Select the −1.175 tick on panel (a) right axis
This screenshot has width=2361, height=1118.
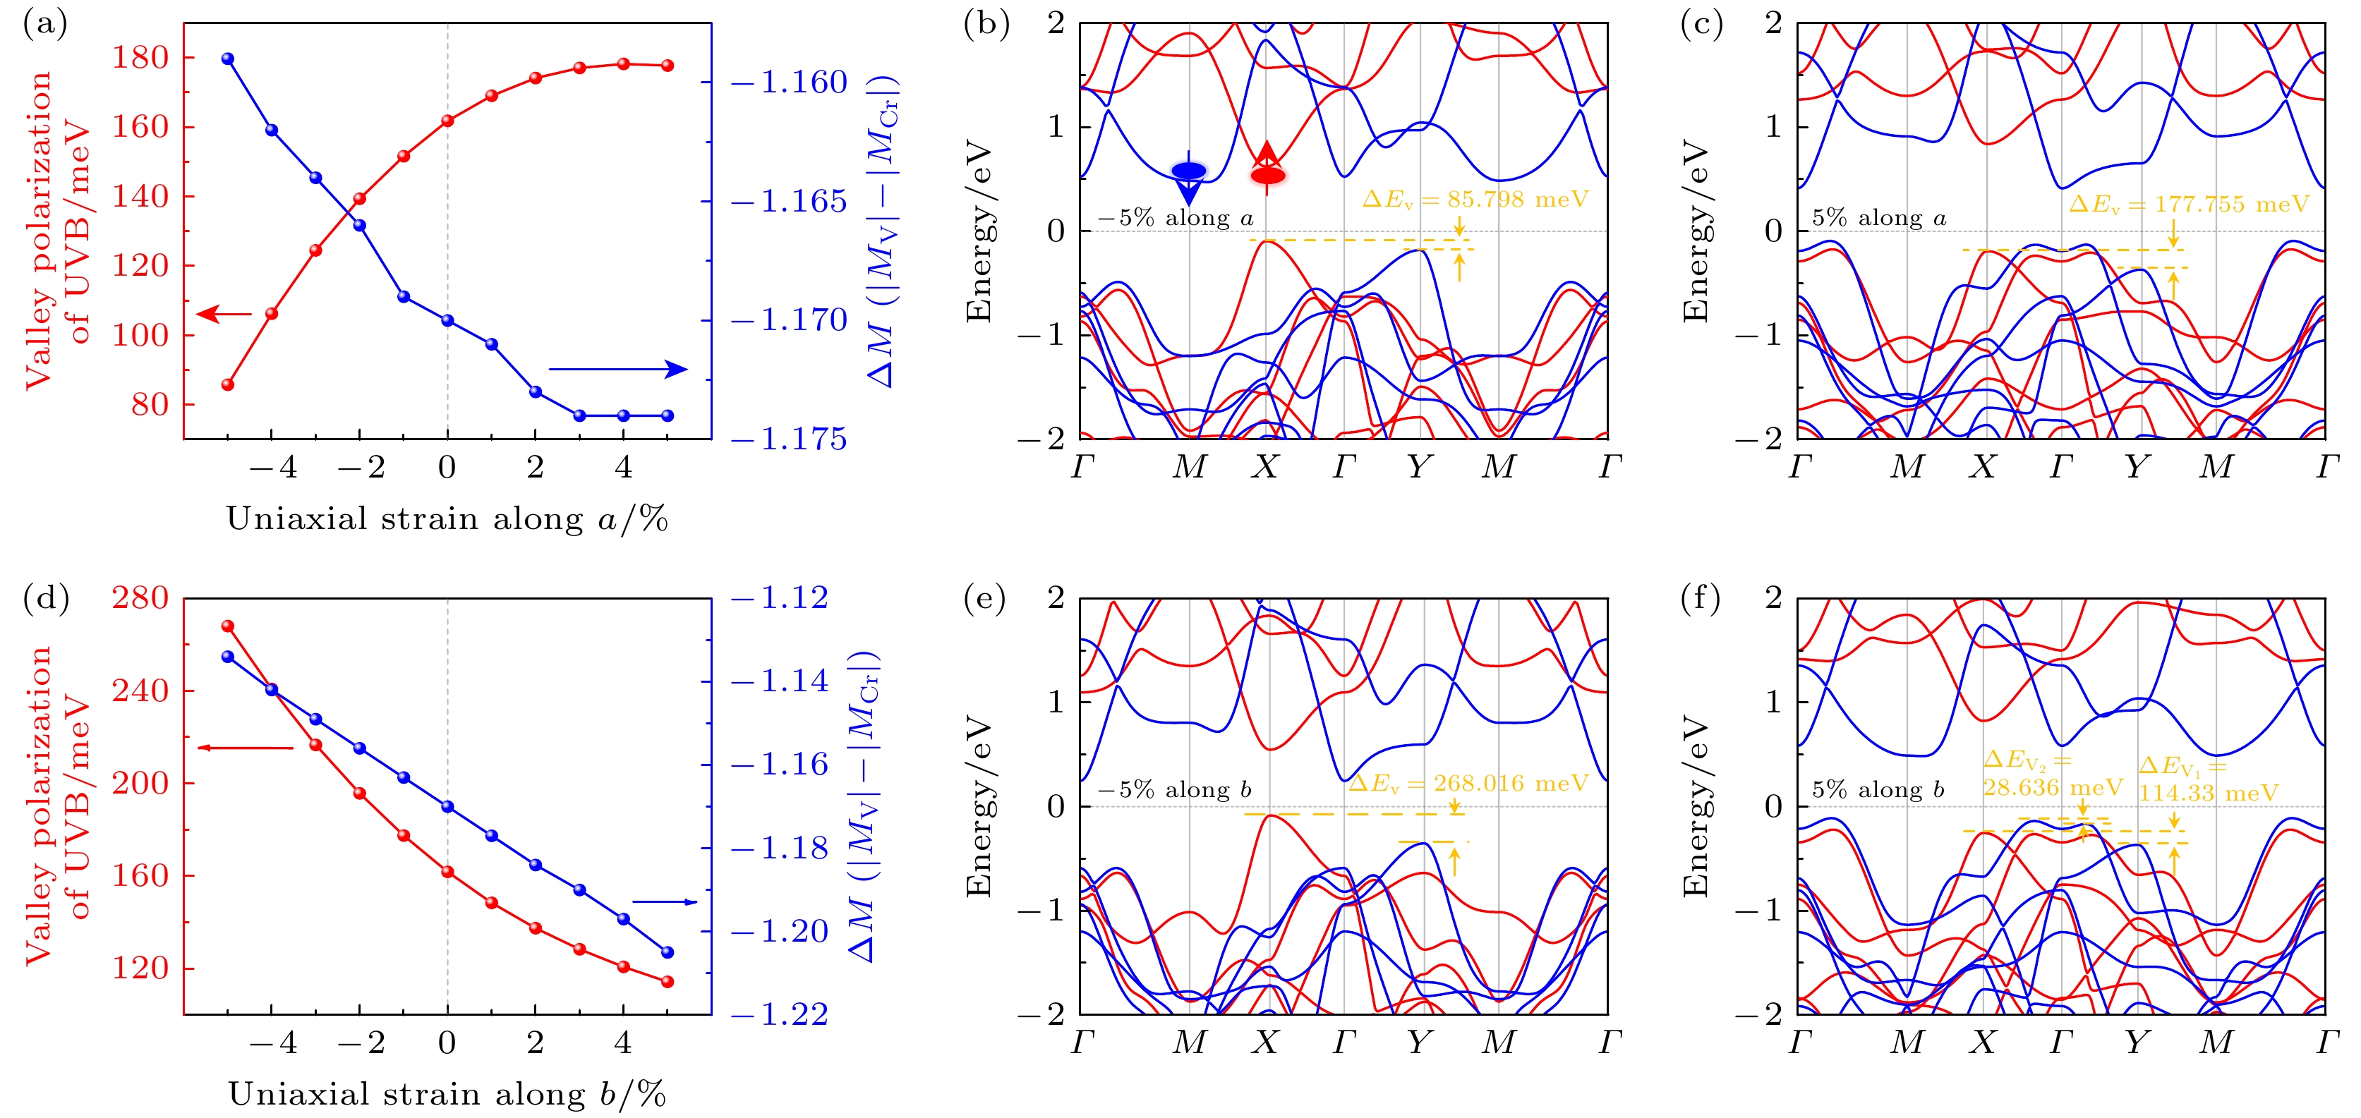[790, 440]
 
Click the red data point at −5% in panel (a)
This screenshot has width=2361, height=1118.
[228, 385]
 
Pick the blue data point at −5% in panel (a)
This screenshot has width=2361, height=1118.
[228, 59]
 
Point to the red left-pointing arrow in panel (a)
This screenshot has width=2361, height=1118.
[224, 315]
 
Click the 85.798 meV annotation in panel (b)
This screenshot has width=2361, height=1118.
[1475, 200]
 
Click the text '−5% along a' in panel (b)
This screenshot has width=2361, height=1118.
[1175, 218]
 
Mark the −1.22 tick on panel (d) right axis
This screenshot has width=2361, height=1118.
[780, 1014]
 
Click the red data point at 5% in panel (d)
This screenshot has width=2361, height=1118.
[668, 981]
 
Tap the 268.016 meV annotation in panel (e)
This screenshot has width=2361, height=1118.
[1468, 784]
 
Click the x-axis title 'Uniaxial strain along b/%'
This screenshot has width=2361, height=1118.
[447, 1094]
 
